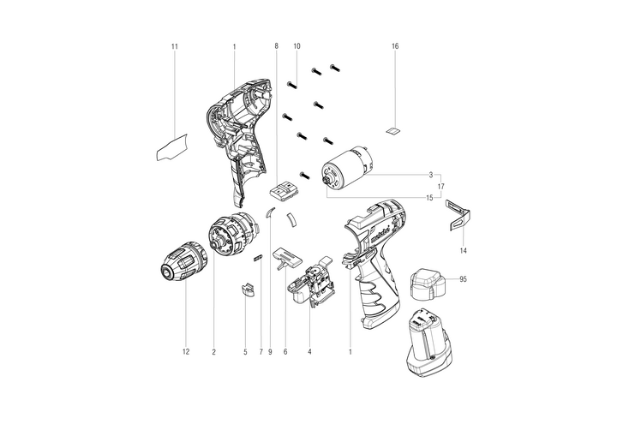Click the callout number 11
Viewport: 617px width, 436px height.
click(175, 46)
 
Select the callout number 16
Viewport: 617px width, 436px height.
click(395, 46)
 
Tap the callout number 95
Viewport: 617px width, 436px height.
click(463, 279)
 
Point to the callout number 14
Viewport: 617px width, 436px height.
click(464, 251)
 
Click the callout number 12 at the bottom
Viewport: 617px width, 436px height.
click(186, 352)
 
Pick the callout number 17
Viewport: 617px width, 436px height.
click(441, 187)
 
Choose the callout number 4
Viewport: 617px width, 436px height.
click(309, 352)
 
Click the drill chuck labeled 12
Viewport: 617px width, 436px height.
click(184, 261)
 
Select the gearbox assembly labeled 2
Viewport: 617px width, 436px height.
click(232, 234)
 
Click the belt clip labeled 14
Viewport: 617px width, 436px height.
click(458, 214)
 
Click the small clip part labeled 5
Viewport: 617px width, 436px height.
click(248, 290)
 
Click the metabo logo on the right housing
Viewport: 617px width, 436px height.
click(380, 235)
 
